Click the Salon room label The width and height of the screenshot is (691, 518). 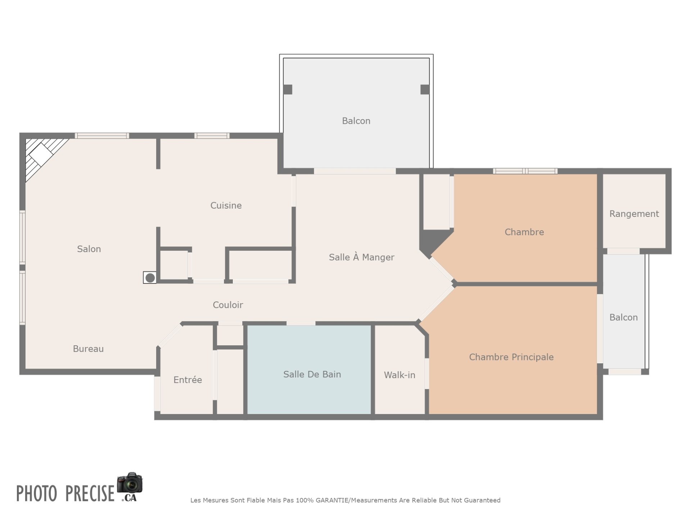[89, 249]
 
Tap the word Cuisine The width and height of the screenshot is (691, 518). [226, 205]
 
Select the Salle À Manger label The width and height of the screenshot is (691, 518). [362, 257]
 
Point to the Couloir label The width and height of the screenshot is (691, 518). [228, 305]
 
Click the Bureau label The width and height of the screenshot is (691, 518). [88, 349]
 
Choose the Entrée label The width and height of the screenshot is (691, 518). [188, 380]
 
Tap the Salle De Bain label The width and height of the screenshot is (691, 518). [312, 374]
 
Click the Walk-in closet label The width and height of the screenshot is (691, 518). [399, 375]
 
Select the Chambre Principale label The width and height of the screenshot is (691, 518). [511, 357]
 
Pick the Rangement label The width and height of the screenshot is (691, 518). [634, 214]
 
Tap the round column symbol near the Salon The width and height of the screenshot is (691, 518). [150, 278]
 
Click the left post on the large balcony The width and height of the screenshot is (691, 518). [288, 89]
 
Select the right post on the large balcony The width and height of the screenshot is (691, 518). [425, 89]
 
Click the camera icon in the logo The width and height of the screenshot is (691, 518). [130, 483]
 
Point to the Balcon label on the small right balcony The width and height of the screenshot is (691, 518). [623, 317]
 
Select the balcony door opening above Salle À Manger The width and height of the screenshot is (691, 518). [355, 171]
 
